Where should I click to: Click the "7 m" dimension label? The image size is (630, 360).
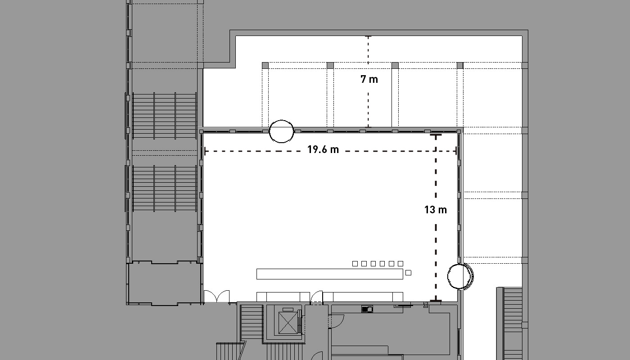click(369, 79)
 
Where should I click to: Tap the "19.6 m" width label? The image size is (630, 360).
click(323, 149)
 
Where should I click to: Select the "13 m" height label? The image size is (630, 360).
click(436, 210)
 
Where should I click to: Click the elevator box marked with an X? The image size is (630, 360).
click(288, 323)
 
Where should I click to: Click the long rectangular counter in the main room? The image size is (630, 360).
click(329, 274)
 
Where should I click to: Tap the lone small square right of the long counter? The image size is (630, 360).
click(409, 273)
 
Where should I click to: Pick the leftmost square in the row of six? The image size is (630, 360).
click(355, 264)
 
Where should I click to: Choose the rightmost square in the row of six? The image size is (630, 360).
click(400, 264)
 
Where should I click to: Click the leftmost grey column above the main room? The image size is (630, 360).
click(265, 66)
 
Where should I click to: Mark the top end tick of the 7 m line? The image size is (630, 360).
click(368, 36)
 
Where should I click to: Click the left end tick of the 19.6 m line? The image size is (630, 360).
click(205, 151)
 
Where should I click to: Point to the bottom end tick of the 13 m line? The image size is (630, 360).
click(436, 301)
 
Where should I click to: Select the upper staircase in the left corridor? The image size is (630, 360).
click(164, 116)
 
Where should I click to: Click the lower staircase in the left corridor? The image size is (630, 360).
click(164, 189)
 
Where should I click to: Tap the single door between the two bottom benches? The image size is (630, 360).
click(317, 297)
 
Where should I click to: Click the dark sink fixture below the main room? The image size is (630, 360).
click(367, 310)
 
